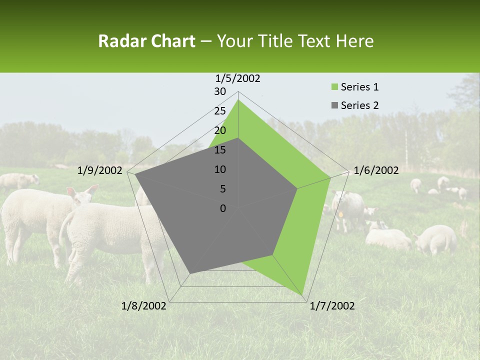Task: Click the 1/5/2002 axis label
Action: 238,78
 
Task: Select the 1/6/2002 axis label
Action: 376,170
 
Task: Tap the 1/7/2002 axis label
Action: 332,306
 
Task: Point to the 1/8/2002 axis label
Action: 144,306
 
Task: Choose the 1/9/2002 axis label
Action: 100,170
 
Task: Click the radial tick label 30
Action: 220,91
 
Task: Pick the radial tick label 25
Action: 220,111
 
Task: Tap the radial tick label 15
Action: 220,150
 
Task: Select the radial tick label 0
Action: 223,208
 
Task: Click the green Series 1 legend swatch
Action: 335,87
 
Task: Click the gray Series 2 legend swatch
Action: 335,105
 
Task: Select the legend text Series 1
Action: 359,87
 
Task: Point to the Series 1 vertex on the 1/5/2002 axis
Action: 238,99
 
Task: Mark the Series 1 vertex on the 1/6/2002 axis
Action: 330,177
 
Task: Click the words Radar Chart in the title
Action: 146,41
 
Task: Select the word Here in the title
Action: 355,41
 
